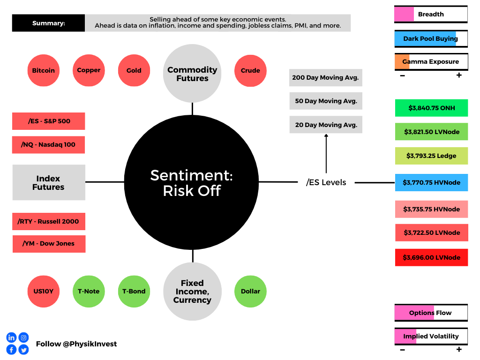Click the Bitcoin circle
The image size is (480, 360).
tap(44, 71)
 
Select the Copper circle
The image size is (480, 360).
tap(89, 70)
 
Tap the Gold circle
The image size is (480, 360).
tap(134, 71)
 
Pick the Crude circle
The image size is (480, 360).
tap(250, 71)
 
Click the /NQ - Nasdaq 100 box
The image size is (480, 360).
tap(48, 145)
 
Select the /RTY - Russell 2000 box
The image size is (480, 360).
tap(48, 221)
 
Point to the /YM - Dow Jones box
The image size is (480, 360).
tap(49, 244)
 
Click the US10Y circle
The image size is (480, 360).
tap(44, 291)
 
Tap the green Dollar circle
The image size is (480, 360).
tap(250, 291)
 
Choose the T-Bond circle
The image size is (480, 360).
tap(134, 291)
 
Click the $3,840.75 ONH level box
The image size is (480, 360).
tap(431, 108)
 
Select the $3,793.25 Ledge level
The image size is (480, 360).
tap(431, 156)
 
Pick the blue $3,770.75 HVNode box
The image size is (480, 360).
tap(431, 182)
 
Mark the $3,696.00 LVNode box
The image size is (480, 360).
tap(431, 257)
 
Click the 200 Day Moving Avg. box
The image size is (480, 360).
tap(325, 78)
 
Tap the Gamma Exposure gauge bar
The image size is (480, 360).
tap(431, 62)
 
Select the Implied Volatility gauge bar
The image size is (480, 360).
tap(431, 336)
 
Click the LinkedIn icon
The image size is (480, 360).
tap(11, 337)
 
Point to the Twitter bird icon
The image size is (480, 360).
tap(23, 350)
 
